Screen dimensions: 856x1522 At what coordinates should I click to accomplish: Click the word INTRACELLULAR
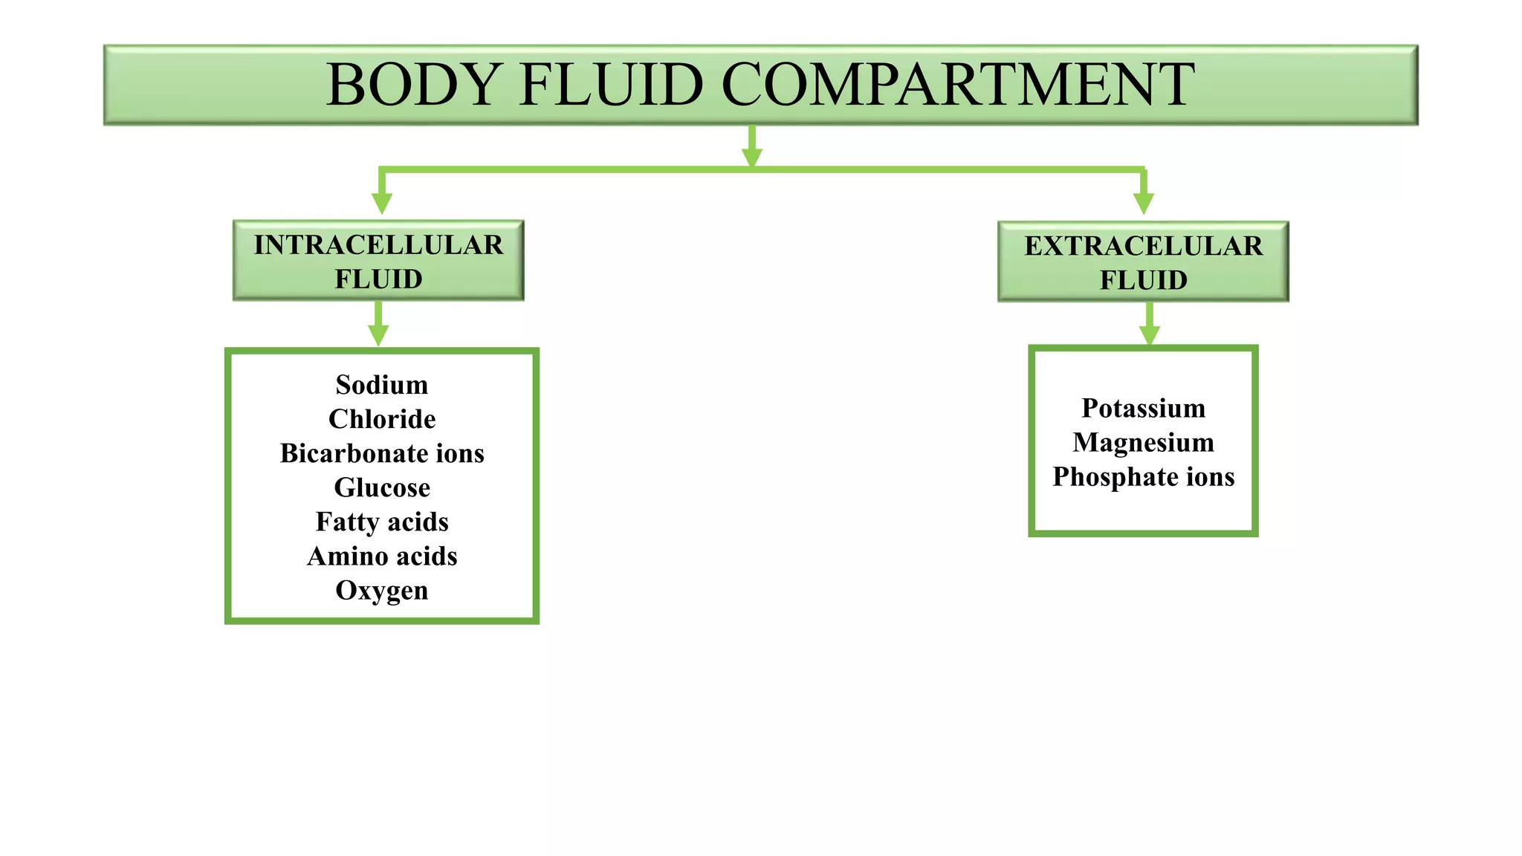point(378,245)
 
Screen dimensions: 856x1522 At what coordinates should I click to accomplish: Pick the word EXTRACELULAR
point(1143,246)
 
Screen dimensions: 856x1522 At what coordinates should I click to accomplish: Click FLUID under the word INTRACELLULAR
point(378,279)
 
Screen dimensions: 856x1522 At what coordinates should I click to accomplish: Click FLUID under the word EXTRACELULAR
point(1143,280)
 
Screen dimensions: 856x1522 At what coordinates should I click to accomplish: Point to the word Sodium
point(382,385)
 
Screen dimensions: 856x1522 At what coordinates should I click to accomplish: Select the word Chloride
point(382,419)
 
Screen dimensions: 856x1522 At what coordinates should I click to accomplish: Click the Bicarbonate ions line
point(382,453)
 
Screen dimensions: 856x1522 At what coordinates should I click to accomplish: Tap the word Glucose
point(382,487)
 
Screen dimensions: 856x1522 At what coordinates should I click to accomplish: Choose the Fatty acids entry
point(382,522)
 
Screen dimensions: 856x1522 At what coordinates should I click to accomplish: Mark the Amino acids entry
point(382,556)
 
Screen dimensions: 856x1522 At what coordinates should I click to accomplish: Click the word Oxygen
point(382,590)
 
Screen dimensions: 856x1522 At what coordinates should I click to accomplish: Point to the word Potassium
point(1143,408)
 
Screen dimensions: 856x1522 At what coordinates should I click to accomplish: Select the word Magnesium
point(1143,442)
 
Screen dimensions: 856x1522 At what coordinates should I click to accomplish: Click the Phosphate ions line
point(1143,476)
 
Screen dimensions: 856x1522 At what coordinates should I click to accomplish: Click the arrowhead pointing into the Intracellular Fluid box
point(382,202)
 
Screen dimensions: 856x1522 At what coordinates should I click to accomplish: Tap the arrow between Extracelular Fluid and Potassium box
point(1150,325)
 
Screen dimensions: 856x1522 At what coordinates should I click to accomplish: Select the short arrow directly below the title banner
point(752,148)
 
